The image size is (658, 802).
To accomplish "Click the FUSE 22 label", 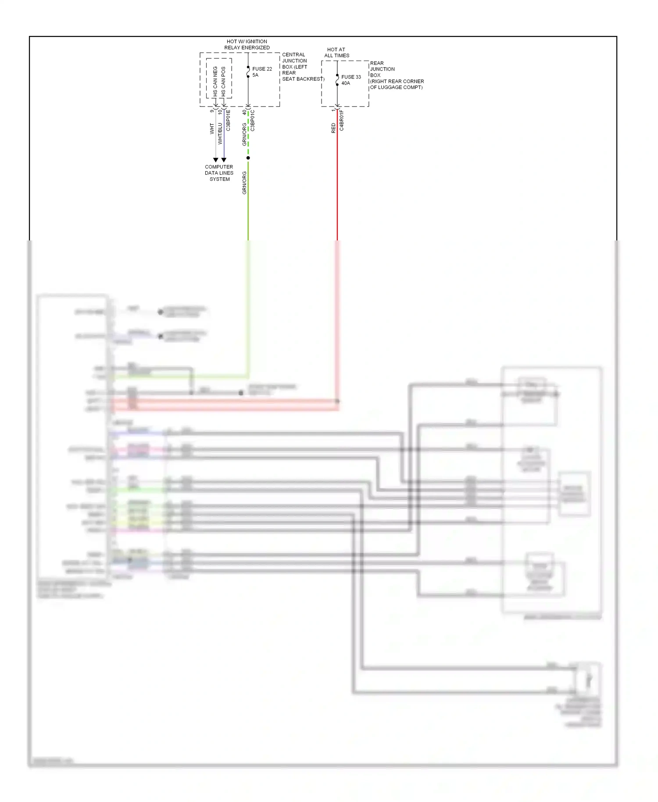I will (262, 69).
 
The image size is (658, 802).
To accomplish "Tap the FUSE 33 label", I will (351, 77).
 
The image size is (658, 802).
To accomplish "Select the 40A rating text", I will (346, 83).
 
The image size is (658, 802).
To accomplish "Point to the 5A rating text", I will (255, 75).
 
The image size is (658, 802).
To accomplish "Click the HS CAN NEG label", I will (215, 82).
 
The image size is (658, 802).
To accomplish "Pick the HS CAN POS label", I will (223, 82).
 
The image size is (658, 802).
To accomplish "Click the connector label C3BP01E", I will (228, 121).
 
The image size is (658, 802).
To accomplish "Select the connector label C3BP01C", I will (253, 121).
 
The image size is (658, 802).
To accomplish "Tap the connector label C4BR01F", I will (342, 121).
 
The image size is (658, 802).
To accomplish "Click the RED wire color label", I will (333, 128).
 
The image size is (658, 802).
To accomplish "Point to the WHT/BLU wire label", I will (220, 133).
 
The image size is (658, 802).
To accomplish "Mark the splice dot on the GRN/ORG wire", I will (248, 158).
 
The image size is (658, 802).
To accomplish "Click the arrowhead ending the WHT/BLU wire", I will (224, 160).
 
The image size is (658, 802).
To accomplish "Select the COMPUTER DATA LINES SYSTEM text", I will (219, 173).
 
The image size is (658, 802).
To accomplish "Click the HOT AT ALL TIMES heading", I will (336, 53).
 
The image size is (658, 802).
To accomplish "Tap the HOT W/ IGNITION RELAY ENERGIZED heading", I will (247, 44).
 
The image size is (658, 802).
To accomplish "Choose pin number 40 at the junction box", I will (244, 112).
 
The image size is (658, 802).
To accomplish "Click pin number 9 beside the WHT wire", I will (211, 111).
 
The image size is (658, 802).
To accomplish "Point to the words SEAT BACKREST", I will (303, 79).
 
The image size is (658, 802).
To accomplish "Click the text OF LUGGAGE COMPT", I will (396, 87).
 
